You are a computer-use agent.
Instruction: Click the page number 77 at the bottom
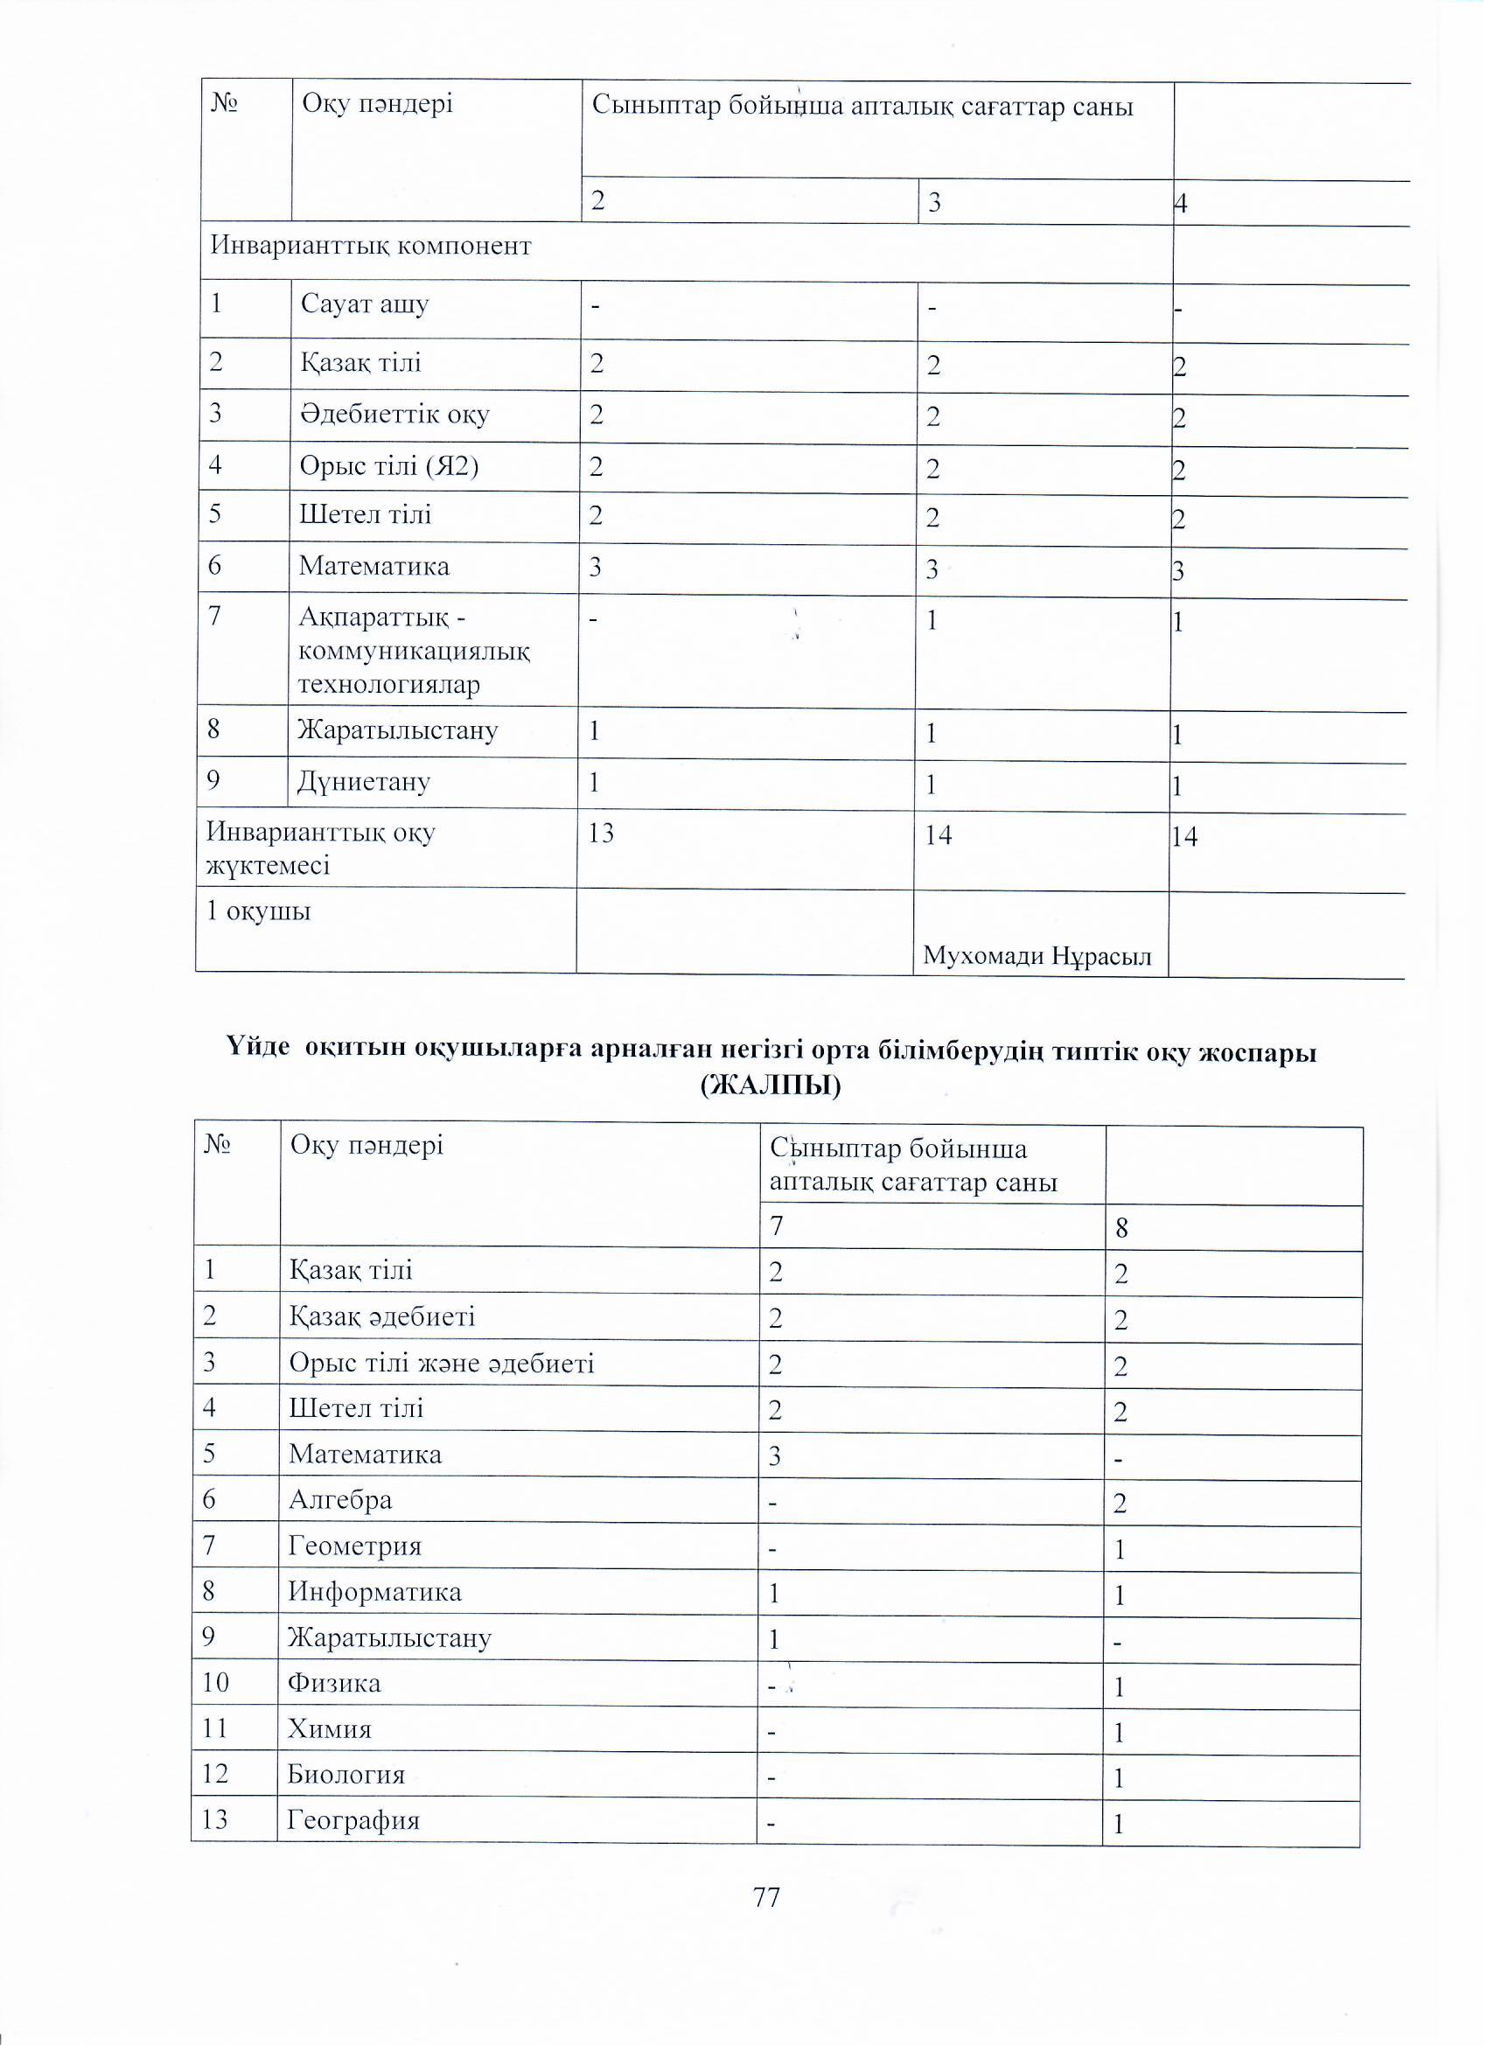pyautogui.click(x=765, y=1897)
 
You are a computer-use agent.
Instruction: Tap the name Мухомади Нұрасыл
pyautogui.click(x=1037, y=956)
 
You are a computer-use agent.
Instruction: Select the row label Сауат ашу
pyautogui.click(x=364, y=304)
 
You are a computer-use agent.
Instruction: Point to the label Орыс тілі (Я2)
pyautogui.click(x=388, y=466)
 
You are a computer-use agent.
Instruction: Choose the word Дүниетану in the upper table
pyautogui.click(x=364, y=781)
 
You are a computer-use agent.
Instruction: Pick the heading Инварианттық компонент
pyautogui.click(x=371, y=245)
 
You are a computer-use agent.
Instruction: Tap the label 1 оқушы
pyautogui.click(x=259, y=911)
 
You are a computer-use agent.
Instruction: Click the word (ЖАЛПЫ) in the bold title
pyautogui.click(x=770, y=1085)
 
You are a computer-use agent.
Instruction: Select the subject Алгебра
pyautogui.click(x=340, y=1499)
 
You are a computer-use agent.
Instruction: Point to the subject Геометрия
pyautogui.click(x=354, y=1546)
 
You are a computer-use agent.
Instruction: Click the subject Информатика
pyautogui.click(x=374, y=1591)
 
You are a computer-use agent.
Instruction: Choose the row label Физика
pyautogui.click(x=333, y=1683)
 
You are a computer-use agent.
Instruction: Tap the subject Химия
pyautogui.click(x=329, y=1728)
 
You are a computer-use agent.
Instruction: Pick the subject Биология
pyautogui.click(x=346, y=1774)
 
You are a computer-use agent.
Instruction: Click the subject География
pyautogui.click(x=353, y=1819)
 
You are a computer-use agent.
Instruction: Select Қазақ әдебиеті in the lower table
pyautogui.click(x=381, y=1316)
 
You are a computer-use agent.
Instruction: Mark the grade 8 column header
pyautogui.click(x=1121, y=1228)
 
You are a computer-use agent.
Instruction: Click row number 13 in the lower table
pyautogui.click(x=214, y=1819)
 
